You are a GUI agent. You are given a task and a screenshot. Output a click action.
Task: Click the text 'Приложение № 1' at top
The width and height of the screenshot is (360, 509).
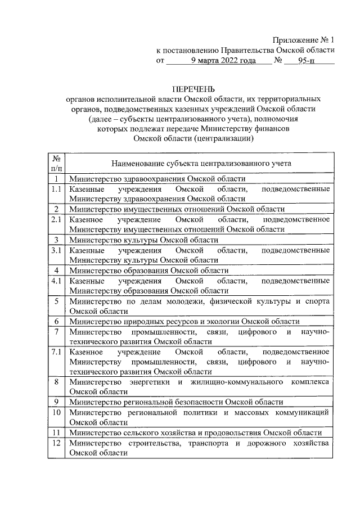pyautogui.click(x=303, y=40)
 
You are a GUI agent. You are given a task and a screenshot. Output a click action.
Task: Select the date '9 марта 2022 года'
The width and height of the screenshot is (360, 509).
pyautogui.click(x=223, y=60)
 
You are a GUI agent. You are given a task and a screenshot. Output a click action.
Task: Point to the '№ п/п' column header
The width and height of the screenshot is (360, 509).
pyautogui.click(x=56, y=164)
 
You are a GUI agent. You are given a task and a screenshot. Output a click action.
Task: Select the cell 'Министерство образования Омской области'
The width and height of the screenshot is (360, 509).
pyautogui.click(x=149, y=270)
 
